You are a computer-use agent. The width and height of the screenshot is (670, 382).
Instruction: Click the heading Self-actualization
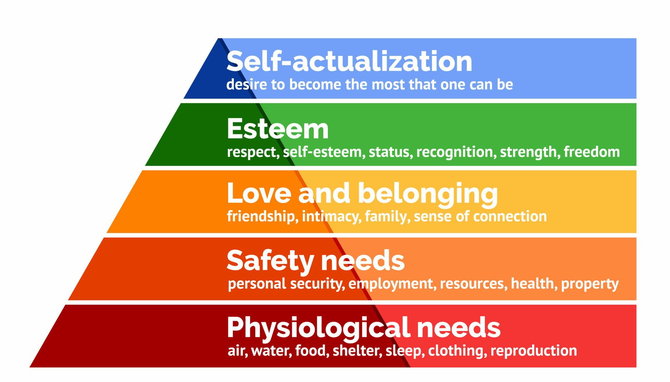pyautogui.click(x=349, y=61)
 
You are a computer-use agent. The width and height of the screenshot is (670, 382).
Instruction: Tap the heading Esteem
pyautogui.click(x=277, y=129)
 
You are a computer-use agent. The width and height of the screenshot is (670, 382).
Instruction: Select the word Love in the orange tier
pyautogui.click(x=259, y=193)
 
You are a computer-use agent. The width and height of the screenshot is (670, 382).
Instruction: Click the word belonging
pyautogui.click(x=427, y=194)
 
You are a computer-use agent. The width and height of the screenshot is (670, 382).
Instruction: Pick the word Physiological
pyautogui.click(x=318, y=328)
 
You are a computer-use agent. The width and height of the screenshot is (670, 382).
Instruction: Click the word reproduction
pyautogui.click(x=533, y=351)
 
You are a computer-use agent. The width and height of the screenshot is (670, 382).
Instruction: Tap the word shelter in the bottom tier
pyautogui.click(x=357, y=351)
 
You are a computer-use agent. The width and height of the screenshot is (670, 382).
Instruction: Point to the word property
pyautogui.click(x=590, y=284)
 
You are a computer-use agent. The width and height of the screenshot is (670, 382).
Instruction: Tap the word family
pyautogui.click(x=387, y=216)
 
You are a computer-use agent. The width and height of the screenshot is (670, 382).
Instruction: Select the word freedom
pyautogui.click(x=592, y=152)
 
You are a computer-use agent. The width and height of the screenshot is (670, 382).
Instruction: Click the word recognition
pyautogui.click(x=456, y=152)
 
